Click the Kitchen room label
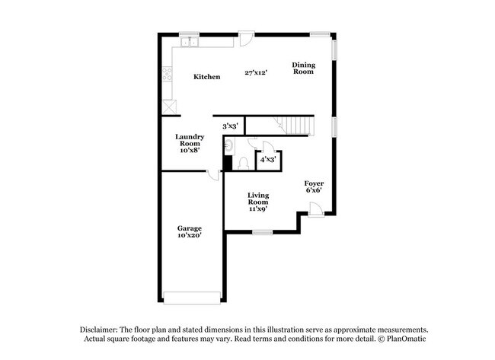[207, 77]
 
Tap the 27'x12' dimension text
[256, 72]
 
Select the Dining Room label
[303, 68]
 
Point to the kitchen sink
[189, 42]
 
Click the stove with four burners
[167, 74]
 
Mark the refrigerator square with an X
[169, 107]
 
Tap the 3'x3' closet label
[229, 126]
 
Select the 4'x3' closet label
[268, 159]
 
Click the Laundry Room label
[190, 144]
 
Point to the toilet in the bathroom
[243, 164]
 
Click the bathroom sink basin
[229, 146]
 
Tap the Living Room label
[258, 202]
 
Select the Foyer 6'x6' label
[314, 186]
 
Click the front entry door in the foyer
[316, 210]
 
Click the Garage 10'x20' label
[190, 231]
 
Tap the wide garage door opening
[192, 298]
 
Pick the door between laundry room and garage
[213, 175]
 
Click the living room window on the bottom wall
[263, 233]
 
